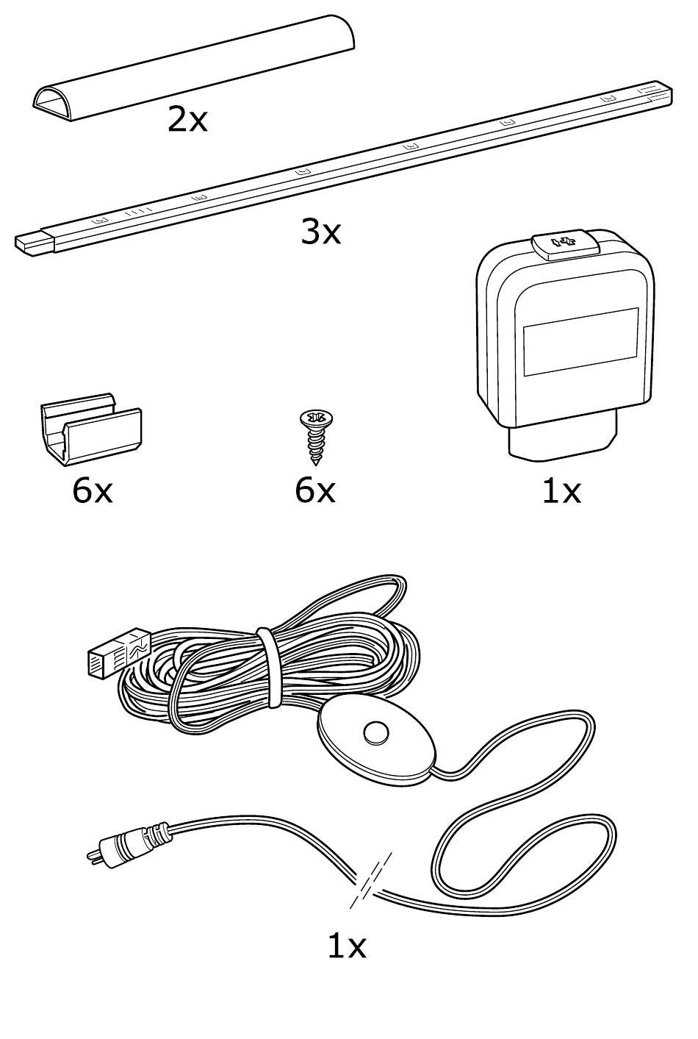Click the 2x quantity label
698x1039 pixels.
187,119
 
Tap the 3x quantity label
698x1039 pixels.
320,232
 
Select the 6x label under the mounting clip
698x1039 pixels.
93,490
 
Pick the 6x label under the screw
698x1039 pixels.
314,490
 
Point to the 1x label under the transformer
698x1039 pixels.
561,491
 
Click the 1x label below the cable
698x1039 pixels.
346,946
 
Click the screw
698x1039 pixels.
314,437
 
